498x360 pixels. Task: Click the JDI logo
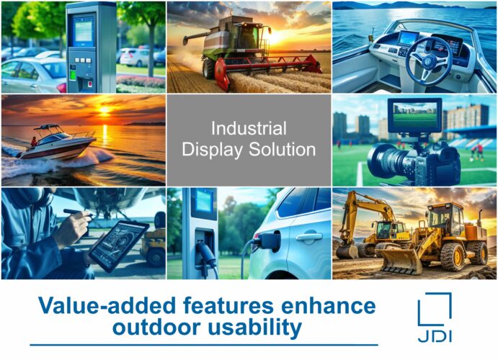click(x=435, y=318)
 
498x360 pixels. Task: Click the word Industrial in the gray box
click(x=249, y=128)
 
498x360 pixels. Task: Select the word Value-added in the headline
click(x=107, y=306)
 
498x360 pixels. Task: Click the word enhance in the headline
click(x=329, y=306)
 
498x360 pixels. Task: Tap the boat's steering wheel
click(x=429, y=61)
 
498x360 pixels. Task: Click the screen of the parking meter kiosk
click(x=83, y=31)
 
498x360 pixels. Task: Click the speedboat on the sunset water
click(x=57, y=143)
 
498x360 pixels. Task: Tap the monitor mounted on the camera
click(x=414, y=114)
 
